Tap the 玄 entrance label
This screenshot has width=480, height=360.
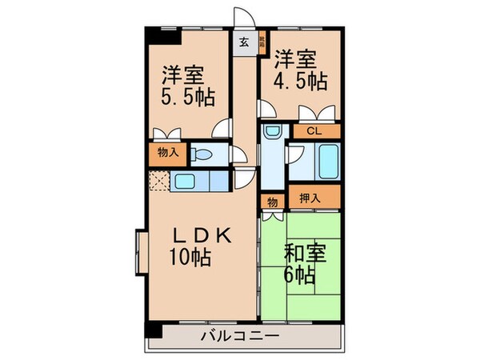(x=242, y=40)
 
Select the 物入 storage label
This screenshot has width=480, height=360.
(x=166, y=153)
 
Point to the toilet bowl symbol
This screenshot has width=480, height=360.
(x=204, y=154)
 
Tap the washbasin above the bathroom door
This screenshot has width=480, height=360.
(x=273, y=131)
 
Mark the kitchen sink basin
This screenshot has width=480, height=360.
(x=185, y=181)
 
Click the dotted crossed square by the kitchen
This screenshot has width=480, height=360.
(x=158, y=182)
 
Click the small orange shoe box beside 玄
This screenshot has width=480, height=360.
(x=262, y=41)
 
